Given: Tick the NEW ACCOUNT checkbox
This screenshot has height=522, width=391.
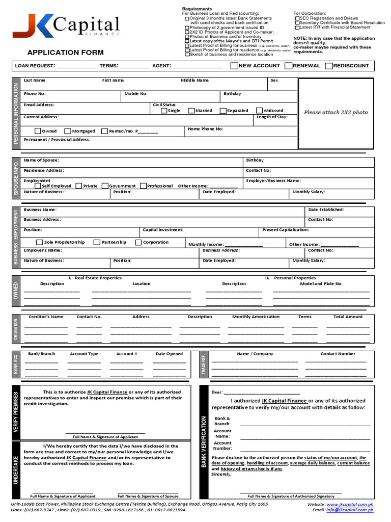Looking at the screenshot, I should point(234,66).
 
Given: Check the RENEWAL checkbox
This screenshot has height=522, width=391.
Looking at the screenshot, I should point(289,66).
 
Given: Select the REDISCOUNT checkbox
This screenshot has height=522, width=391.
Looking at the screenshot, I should point(329,66).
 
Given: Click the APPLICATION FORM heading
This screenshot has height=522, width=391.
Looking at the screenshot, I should point(65,53).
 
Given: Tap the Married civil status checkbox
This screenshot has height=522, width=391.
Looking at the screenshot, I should point(191,111).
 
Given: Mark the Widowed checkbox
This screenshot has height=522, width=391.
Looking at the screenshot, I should point(260,111).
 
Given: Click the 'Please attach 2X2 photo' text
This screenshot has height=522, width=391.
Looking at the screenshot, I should point(336,112).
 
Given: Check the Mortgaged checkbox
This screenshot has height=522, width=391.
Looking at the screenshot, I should point(68,131).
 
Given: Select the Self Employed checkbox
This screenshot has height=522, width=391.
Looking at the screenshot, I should point(38,186).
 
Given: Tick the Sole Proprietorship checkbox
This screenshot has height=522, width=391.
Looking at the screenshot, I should point(40,242).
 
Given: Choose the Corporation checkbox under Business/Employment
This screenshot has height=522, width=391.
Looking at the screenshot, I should point(138,242).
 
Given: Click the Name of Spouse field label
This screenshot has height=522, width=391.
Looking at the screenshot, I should point(41,160).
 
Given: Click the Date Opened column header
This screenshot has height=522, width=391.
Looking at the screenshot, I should point(169,354).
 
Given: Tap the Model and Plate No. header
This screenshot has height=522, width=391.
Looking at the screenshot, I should point(321,283).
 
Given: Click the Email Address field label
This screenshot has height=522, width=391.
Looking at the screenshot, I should point(39,105).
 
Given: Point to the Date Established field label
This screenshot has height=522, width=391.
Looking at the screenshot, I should point(326,210).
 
